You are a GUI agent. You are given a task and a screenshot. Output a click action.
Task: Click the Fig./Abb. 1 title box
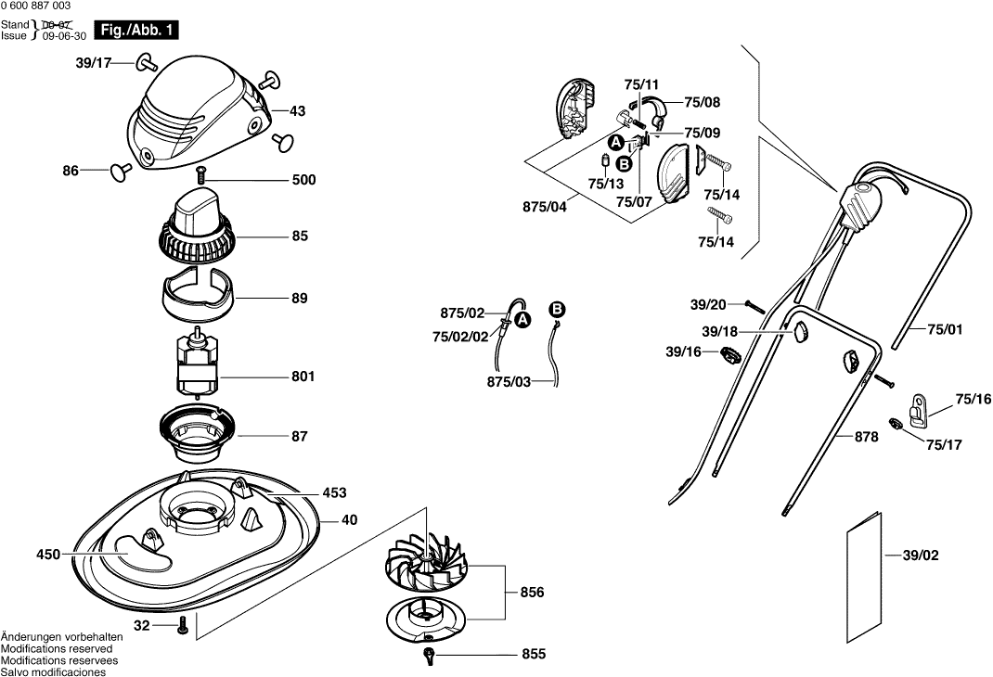(x=136, y=31)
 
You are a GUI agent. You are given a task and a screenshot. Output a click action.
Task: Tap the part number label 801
(x=303, y=377)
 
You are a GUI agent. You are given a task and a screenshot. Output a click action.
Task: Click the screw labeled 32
(x=183, y=626)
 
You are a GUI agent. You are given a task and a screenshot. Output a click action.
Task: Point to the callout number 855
(x=534, y=655)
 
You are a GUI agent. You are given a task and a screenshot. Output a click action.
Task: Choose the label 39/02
(x=921, y=556)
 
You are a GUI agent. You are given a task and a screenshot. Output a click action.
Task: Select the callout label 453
(x=335, y=493)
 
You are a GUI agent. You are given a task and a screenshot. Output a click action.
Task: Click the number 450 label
(x=48, y=555)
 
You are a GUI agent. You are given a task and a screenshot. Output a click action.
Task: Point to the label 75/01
(x=947, y=328)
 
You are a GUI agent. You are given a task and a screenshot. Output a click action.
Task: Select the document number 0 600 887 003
(x=41, y=6)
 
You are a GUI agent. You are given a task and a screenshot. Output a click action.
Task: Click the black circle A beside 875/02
(x=523, y=319)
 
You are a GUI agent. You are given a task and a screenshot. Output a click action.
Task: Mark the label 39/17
(x=93, y=63)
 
